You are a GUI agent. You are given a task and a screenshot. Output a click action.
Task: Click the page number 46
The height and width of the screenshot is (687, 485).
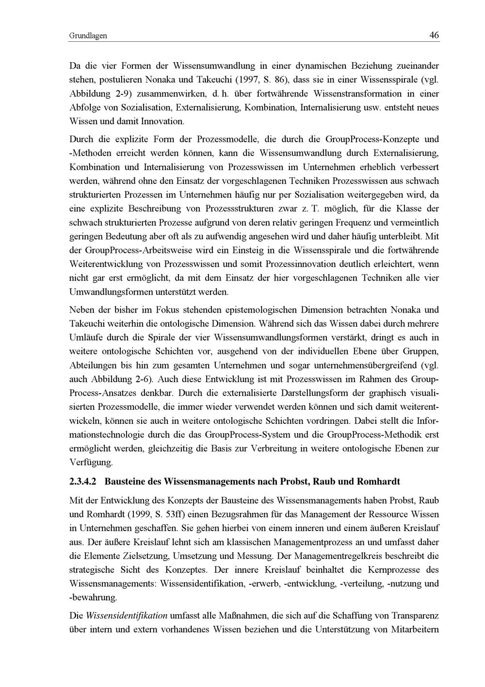[434, 35]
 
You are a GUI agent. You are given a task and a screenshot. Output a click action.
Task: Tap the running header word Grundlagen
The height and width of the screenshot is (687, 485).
[88, 35]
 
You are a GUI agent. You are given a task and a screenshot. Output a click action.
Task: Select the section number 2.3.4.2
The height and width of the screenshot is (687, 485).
[83, 482]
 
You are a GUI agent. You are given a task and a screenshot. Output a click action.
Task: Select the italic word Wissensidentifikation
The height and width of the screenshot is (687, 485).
[127, 616]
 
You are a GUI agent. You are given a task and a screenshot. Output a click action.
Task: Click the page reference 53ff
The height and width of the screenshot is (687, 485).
[176, 514]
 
